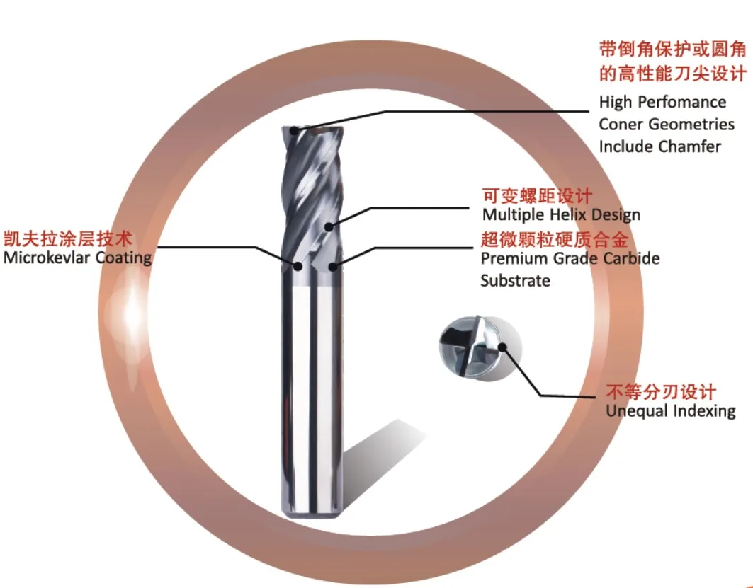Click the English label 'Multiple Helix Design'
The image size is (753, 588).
[561, 214]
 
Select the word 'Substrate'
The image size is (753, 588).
[515, 280]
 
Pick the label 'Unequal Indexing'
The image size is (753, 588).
[670, 411]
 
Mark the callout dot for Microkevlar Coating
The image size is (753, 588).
[298, 266]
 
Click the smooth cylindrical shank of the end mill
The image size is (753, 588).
[312, 396]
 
